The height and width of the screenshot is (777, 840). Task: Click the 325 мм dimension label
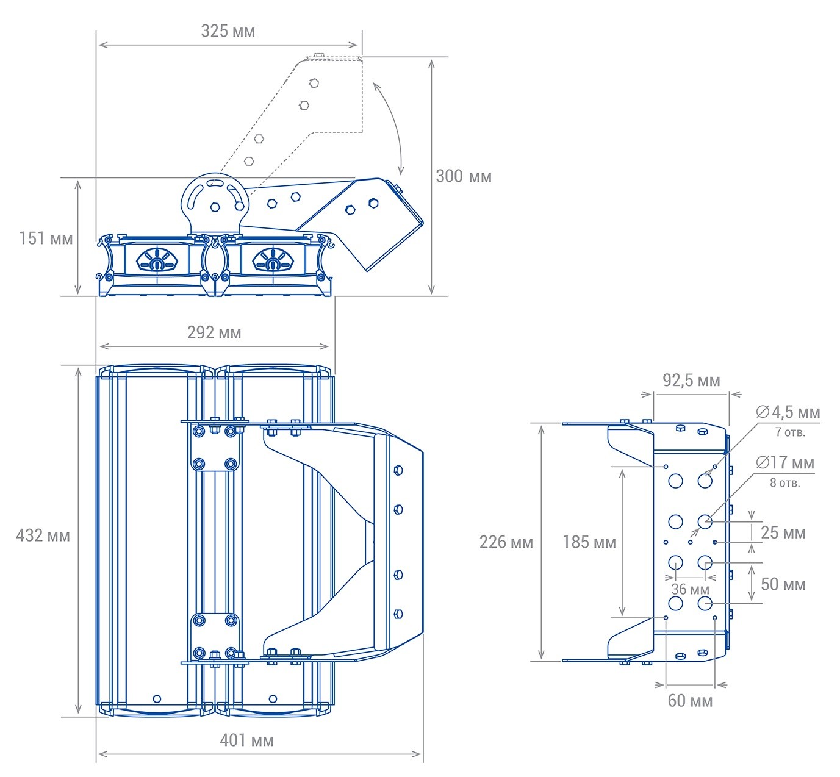[228, 31]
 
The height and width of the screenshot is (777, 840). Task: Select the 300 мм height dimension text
[463, 176]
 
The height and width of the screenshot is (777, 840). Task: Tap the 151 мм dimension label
[45, 238]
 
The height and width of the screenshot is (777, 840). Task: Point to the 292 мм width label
[214, 332]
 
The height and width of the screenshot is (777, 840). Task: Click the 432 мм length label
[43, 535]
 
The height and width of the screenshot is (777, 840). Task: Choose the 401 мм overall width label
[246, 740]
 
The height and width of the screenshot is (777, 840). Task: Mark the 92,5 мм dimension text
[691, 381]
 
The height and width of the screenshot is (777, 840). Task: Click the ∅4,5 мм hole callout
[788, 412]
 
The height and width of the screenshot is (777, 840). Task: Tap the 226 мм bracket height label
[506, 542]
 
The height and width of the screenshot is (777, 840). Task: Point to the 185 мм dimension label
[589, 542]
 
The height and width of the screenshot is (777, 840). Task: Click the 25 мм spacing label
[783, 532]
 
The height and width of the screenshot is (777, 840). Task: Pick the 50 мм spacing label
[783, 584]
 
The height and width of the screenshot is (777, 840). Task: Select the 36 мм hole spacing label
[690, 589]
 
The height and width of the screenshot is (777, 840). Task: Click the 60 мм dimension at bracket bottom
[690, 701]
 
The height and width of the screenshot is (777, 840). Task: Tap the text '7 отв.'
[790, 432]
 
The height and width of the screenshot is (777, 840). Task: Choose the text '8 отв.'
[784, 483]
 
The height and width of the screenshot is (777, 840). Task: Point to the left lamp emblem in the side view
[157, 261]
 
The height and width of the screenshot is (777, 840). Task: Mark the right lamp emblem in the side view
[273, 261]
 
